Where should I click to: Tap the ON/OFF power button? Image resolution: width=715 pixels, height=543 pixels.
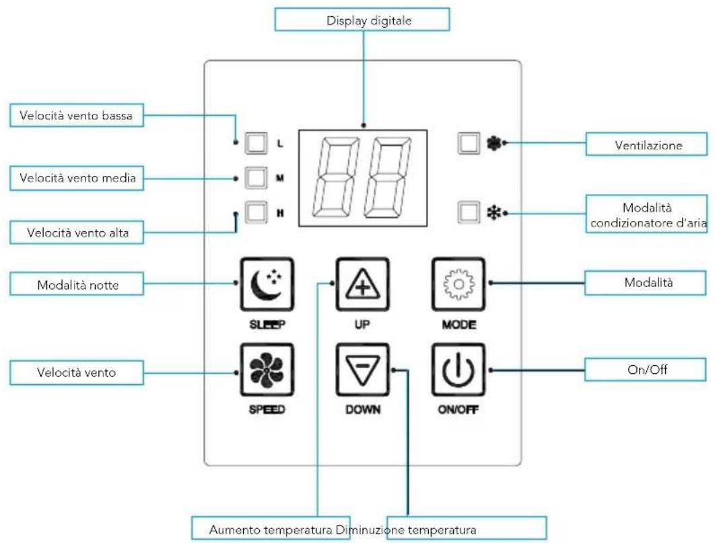click(x=459, y=371)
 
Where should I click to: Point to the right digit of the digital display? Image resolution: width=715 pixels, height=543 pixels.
click(x=388, y=177)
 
